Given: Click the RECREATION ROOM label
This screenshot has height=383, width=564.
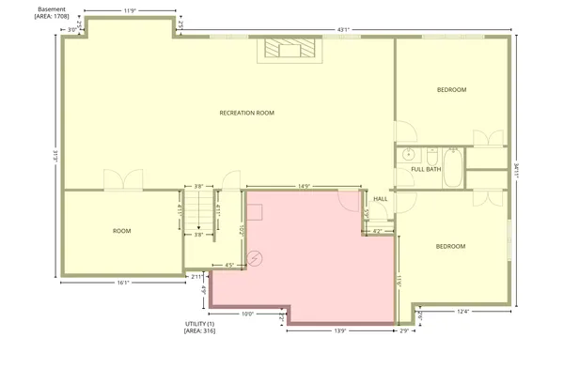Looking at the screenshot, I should [246, 113].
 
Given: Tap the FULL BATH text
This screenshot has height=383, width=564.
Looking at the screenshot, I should [426, 169].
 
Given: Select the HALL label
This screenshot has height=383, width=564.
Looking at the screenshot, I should [381, 199].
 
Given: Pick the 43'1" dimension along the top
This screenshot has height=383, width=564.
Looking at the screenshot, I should [344, 29].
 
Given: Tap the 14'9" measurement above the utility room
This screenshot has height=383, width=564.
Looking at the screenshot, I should [304, 186].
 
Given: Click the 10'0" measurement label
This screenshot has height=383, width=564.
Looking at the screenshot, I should [247, 314].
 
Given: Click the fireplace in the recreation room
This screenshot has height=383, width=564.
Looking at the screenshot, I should [285, 50].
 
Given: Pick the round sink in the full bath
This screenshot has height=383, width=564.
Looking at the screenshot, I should [408, 154].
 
